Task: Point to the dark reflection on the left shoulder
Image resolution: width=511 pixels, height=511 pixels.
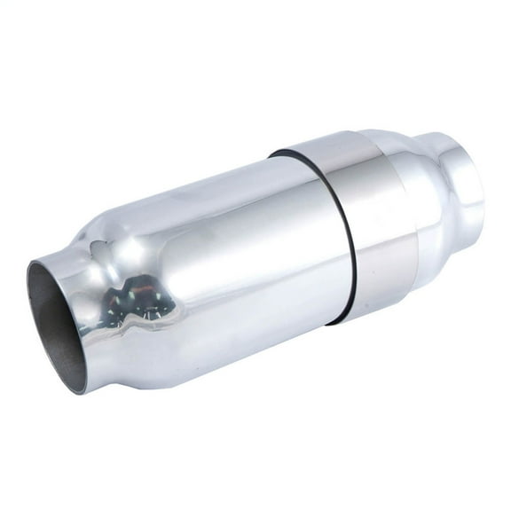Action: coord(133,302)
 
